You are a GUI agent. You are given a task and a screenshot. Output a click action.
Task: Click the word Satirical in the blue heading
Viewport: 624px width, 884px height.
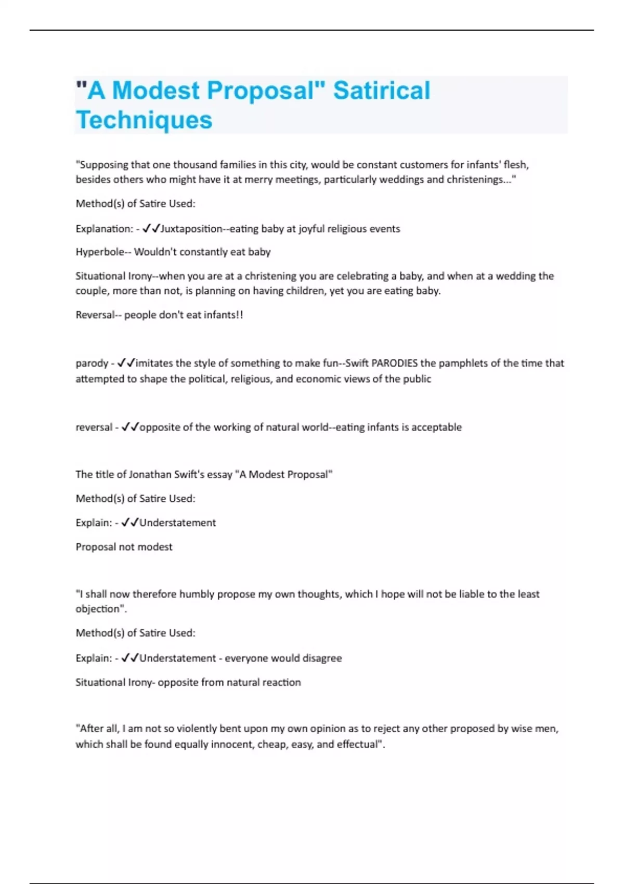click(x=381, y=90)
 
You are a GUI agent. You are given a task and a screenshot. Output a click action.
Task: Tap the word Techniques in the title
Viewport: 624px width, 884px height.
click(x=144, y=120)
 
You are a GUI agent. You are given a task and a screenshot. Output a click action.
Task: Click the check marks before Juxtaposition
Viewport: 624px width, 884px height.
click(x=151, y=229)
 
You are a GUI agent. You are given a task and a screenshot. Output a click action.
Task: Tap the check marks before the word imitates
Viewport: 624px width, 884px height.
click(x=126, y=363)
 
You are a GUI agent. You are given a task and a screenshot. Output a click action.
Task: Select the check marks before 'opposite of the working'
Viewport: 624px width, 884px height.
click(x=130, y=427)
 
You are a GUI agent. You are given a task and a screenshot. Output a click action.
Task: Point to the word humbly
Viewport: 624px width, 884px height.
click(x=197, y=594)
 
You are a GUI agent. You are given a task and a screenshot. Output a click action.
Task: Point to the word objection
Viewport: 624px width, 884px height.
click(x=100, y=609)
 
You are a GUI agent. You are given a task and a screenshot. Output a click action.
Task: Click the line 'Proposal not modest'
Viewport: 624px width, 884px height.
click(x=124, y=547)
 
